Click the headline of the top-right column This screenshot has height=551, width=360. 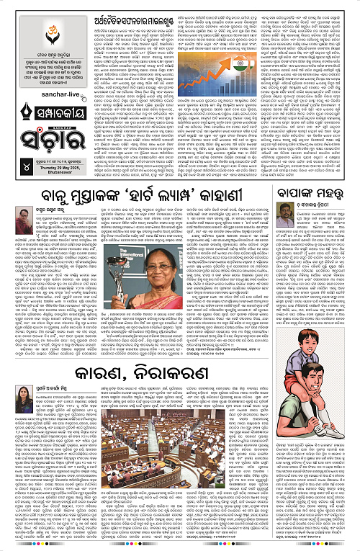pos(315,194)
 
